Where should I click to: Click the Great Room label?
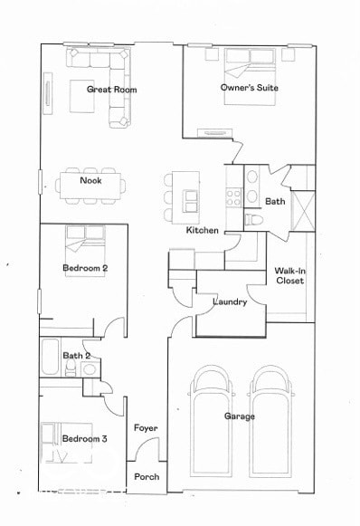click(x=111, y=89)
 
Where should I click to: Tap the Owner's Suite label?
click(x=249, y=88)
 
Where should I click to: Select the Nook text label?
click(x=90, y=180)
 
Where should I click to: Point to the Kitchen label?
click(x=202, y=231)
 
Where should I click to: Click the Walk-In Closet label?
click(x=289, y=276)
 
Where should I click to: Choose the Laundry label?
click(x=230, y=301)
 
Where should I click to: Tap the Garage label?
click(x=240, y=416)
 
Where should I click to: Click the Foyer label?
click(x=146, y=427)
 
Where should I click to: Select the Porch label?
click(x=146, y=477)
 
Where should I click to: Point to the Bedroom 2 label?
click(x=85, y=268)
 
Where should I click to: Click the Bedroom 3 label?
click(x=85, y=439)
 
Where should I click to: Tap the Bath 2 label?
click(x=77, y=356)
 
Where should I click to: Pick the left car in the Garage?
click(x=213, y=426)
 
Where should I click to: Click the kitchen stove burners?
click(x=233, y=196)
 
